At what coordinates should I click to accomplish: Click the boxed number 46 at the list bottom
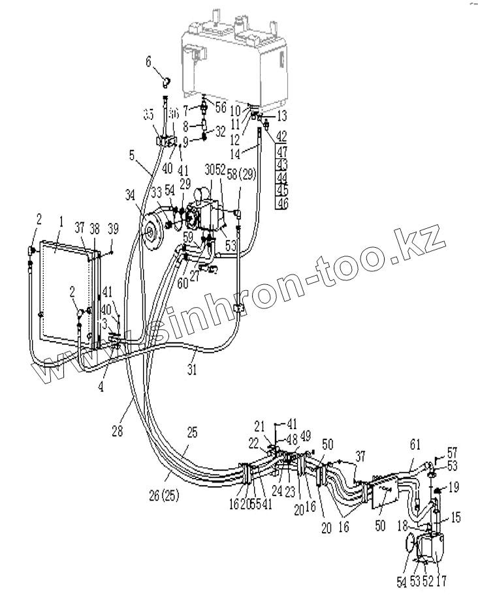pyautogui.click(x=281, y=204)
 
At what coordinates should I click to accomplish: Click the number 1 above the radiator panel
pyautogui.click(x=60, y=222)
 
